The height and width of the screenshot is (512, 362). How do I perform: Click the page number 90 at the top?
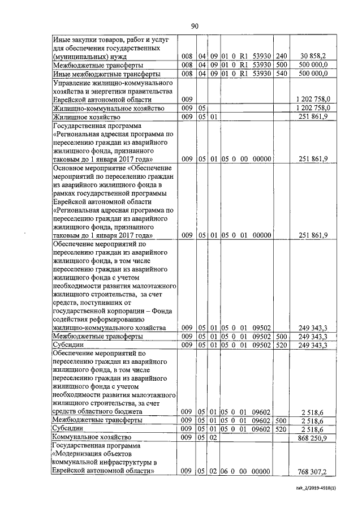click(195, 26)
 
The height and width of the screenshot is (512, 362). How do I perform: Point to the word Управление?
click(73, 83)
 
